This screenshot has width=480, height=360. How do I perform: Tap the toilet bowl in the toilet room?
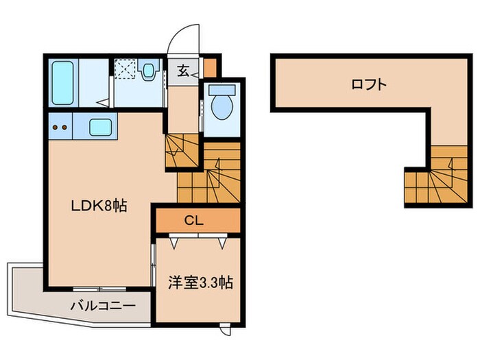[221, 107]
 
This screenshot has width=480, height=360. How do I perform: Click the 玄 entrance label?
[184, 69]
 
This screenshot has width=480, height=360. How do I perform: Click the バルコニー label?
[101, 306]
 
